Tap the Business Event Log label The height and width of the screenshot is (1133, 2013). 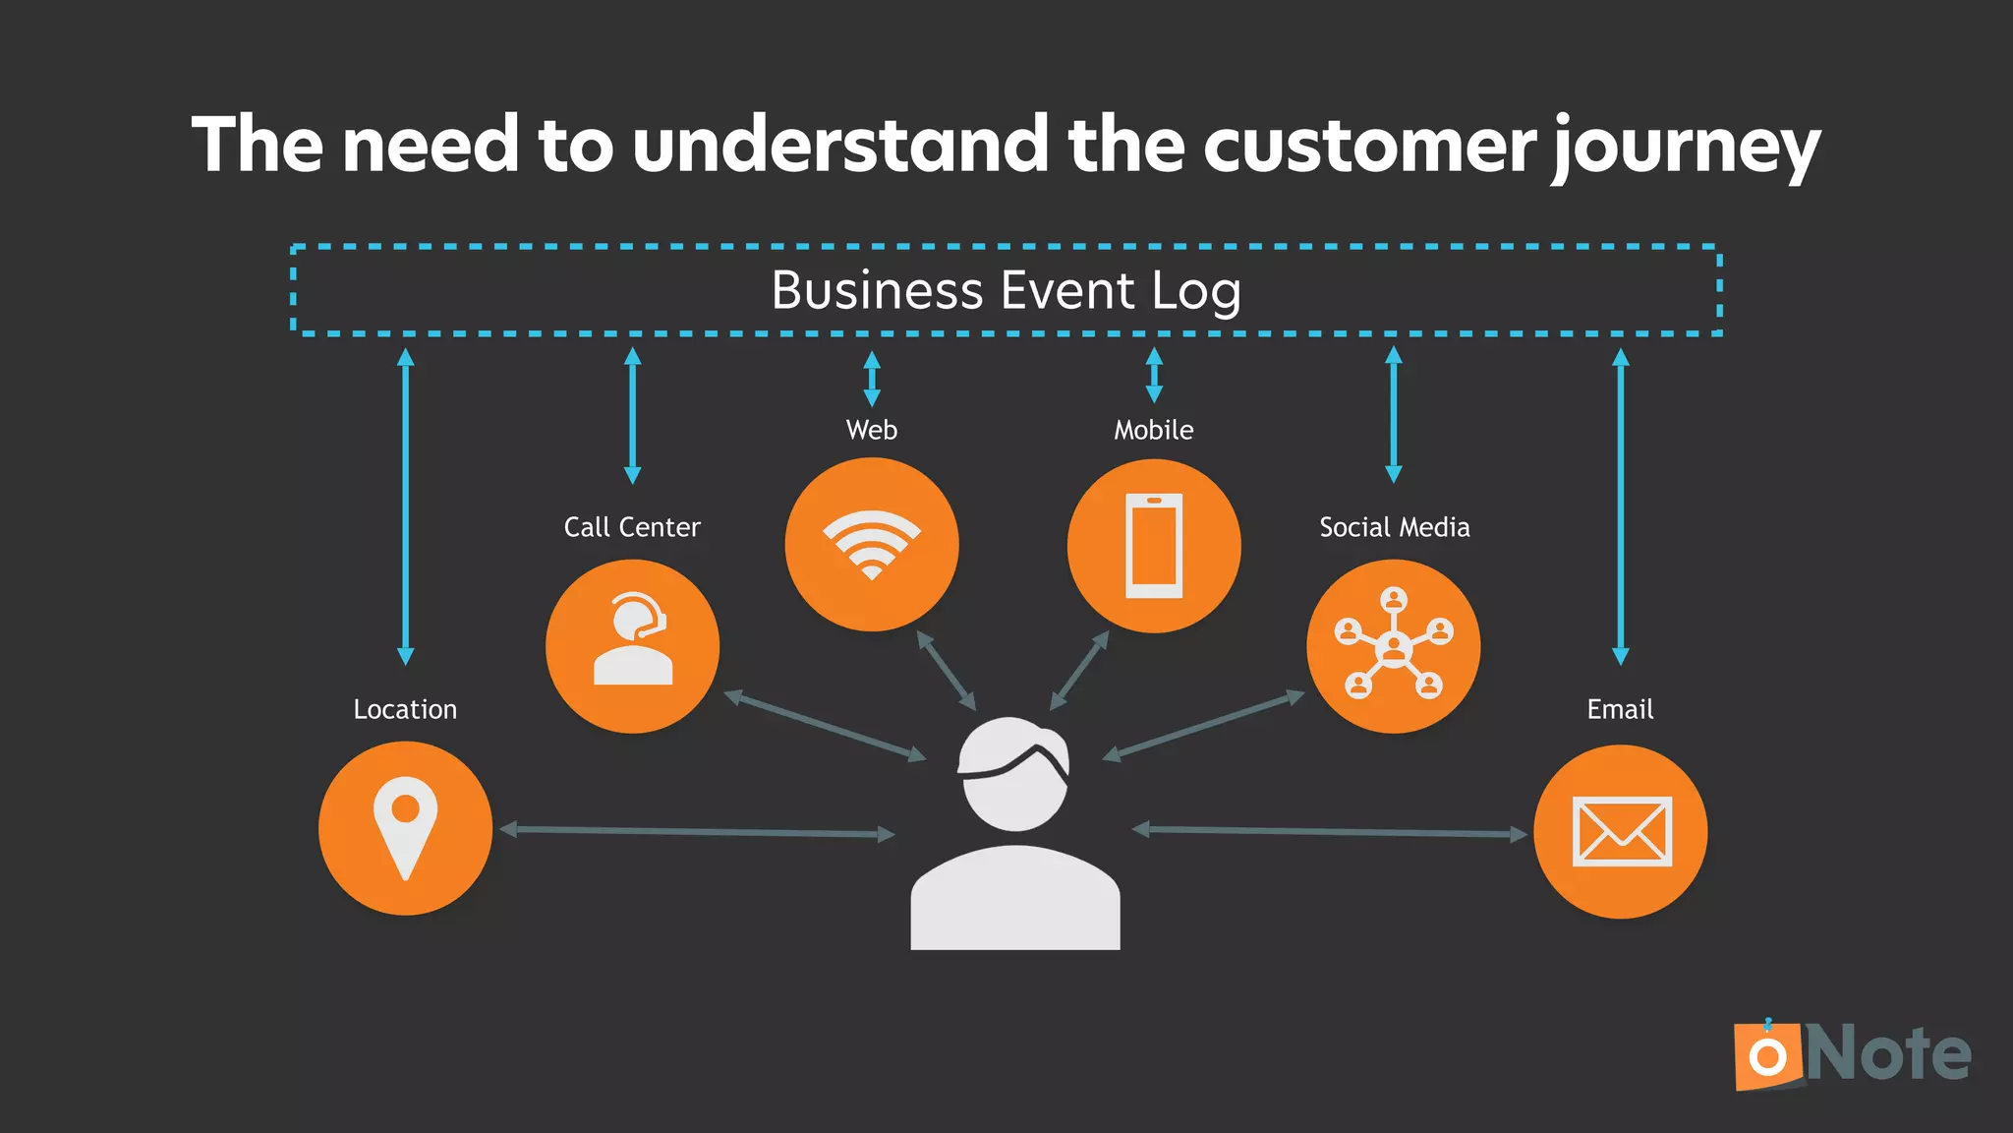point(1006,291)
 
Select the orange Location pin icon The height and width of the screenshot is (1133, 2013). point(405,828)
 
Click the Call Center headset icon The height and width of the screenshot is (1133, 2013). point(632,646)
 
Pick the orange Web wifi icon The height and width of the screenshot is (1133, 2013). point(871,545)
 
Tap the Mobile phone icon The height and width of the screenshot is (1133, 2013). point(1154,546)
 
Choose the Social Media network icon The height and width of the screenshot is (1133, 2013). point(1393,646)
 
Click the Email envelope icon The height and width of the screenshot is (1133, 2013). point(1620,831)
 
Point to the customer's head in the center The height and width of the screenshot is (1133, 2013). point(1014,773)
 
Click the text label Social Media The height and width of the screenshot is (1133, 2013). point(1394,527)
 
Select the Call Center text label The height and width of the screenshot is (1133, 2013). point(632,527)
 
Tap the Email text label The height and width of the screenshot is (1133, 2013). point(1620,709)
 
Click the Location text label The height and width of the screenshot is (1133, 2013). point(405,709)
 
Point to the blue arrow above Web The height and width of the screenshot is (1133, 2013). point(871,380)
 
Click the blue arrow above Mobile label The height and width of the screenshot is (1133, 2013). point(1154,375)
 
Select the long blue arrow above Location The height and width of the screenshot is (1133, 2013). point(405,507)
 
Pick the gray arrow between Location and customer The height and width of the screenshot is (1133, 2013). point(698,832)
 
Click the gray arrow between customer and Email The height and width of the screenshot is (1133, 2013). point(1329,832)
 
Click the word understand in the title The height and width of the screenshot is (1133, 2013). point(840,146)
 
